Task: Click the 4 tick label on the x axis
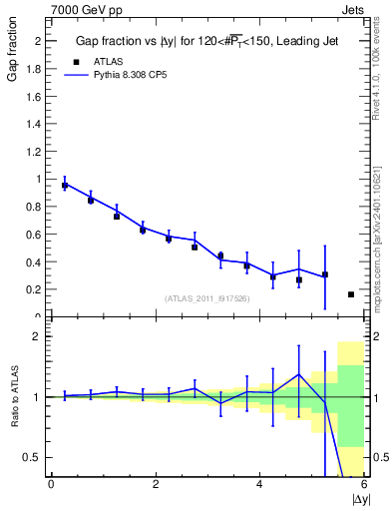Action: click(x=260, y=484)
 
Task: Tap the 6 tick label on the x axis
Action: click(x=365, y=484)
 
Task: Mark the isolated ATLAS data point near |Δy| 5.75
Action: click(x=351, y=294)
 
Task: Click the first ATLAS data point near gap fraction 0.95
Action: click(x=65, y=186)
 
